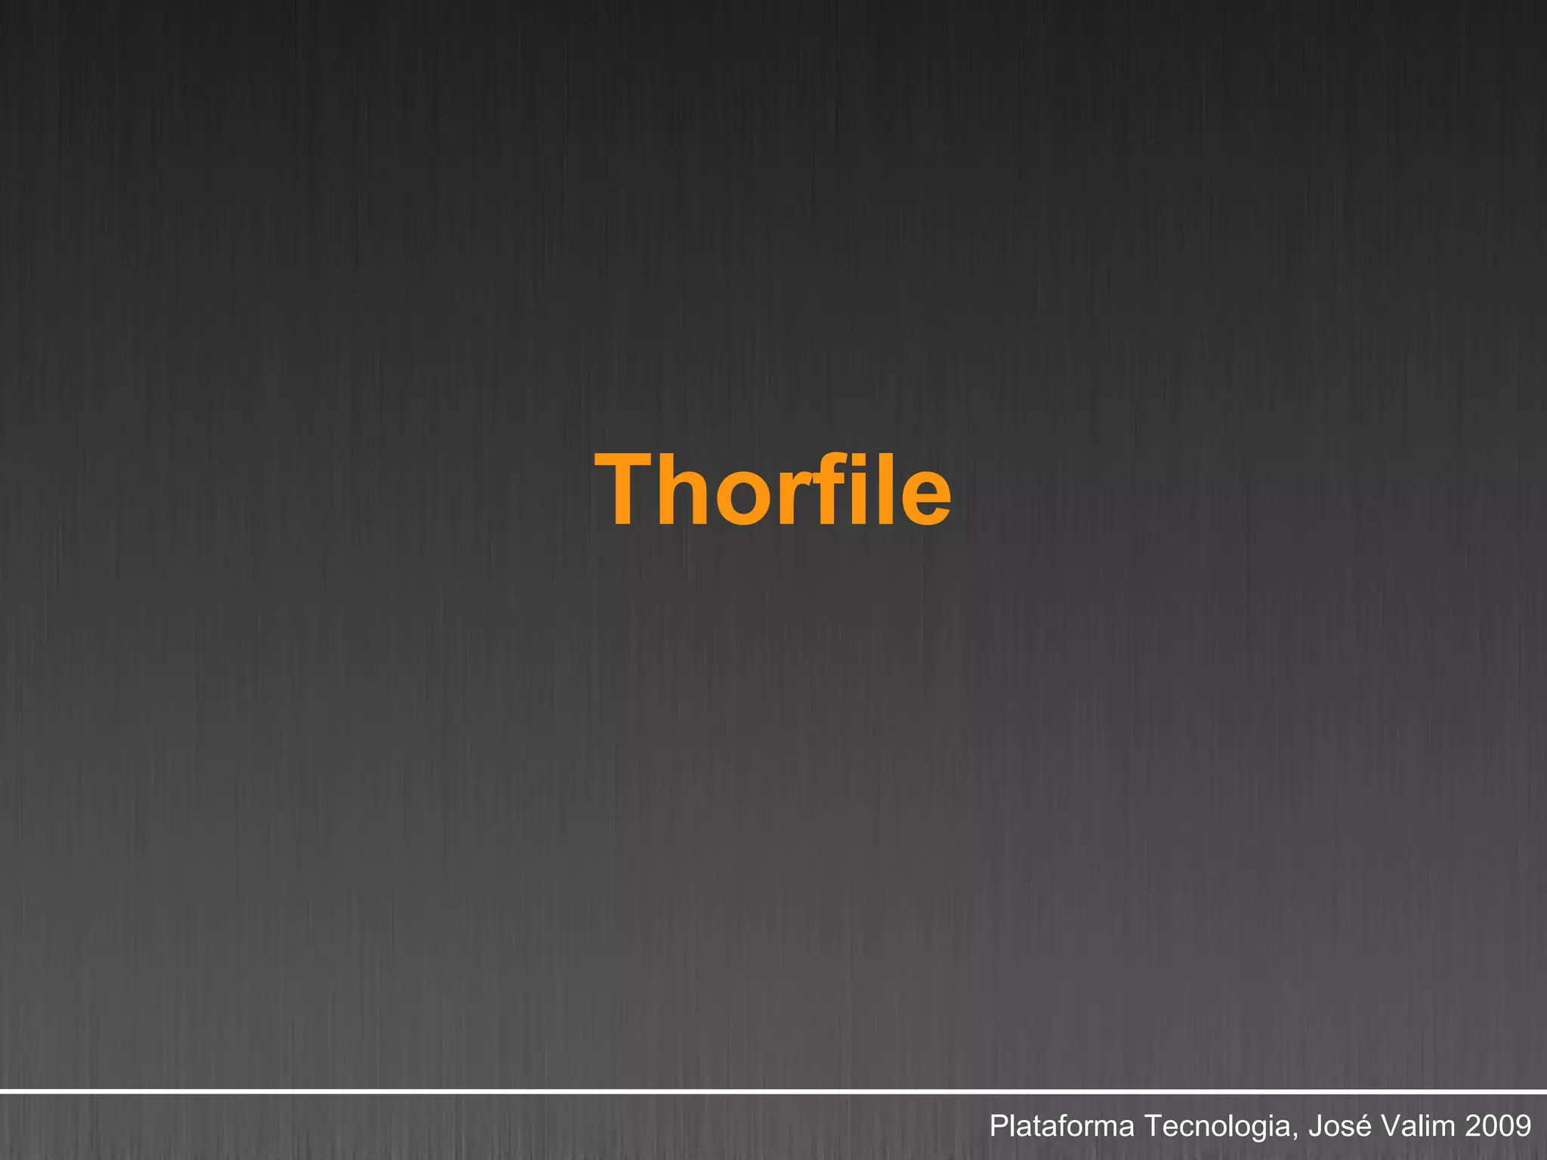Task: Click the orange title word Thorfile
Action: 773,489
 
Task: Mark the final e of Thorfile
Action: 924,498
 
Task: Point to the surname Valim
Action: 1418,1126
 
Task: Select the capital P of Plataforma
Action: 999,1126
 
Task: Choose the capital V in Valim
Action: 1390,1126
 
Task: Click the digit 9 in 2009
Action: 1523,1126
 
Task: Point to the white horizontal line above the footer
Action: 773,1091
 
